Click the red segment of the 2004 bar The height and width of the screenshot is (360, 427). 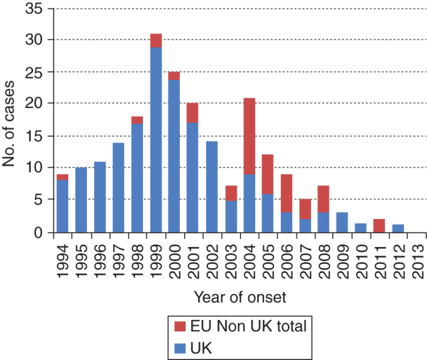[x=249, y=136]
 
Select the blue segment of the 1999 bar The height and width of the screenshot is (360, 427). [x=156, y=140]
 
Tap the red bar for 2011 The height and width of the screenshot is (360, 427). [x=379, y=226]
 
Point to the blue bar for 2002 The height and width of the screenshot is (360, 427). [x=212, y=187]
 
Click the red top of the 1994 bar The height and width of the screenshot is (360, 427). [x=62, y=177]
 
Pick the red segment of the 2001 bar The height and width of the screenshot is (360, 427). [x=193, y=113]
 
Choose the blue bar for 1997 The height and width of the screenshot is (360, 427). [x=119, y=188]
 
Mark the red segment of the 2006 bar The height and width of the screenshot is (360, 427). [x=287, y=193]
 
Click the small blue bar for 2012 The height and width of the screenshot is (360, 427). [x=398, y=229]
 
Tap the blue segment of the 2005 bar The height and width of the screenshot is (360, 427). [x=267, y=213]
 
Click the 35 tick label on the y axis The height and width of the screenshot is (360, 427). [x=34, y=8]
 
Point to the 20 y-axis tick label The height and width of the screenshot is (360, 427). [x=34, y=103]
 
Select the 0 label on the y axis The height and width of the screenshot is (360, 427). [x=38, y=233]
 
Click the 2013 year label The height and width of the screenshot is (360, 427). [x=418, y=262]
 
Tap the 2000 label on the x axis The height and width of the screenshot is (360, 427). [x=175, y=262]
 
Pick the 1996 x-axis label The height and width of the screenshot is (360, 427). [x=100, y=262]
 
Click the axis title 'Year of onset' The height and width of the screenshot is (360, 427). [x=240, y=297]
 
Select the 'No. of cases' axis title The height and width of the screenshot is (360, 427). [x=8, y=124]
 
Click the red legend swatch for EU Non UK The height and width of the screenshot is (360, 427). [x=180, y=326]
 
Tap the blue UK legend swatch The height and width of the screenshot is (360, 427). [x=180, y=348]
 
